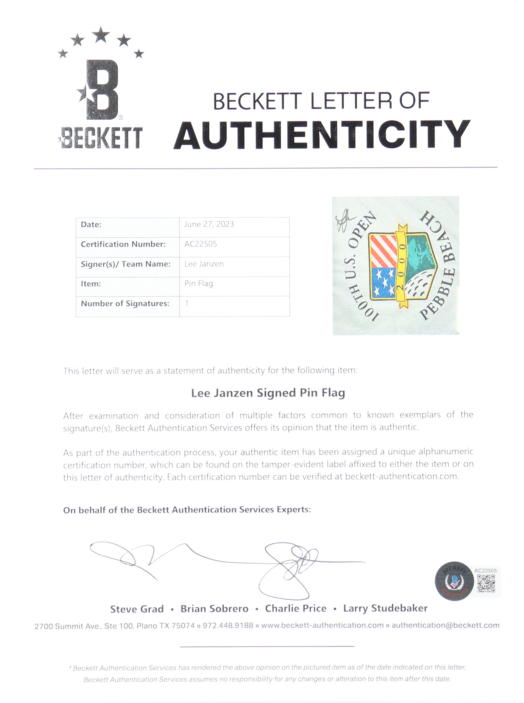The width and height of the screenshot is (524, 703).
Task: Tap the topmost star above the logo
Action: click(x=101, y=34)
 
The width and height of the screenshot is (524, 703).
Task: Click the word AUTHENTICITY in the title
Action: click(x=322, y=135)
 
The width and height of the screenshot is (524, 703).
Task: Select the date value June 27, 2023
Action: click(x=209, y=224)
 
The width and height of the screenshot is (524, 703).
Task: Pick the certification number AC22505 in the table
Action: click(x=201, y=244)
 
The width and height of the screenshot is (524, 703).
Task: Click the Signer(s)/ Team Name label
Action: click(x=126, y=264)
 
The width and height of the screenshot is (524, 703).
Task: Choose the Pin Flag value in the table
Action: click(x=199, y=284)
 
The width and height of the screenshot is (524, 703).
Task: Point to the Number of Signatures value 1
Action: click(x=187, y=303)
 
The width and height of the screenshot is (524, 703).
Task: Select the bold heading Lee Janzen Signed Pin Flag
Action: click(x=268, y=393)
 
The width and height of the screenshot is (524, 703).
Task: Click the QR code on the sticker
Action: click(x=486, y=583)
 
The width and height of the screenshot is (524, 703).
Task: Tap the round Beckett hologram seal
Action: click(x=454, y=581)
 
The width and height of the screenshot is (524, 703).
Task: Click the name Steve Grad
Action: click(x=137, y=609)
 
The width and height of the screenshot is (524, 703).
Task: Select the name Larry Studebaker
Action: click(x=385, y=608)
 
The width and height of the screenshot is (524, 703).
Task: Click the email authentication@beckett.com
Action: click(x=445, y=625)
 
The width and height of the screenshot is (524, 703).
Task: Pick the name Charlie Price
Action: click(x=296, y=608)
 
